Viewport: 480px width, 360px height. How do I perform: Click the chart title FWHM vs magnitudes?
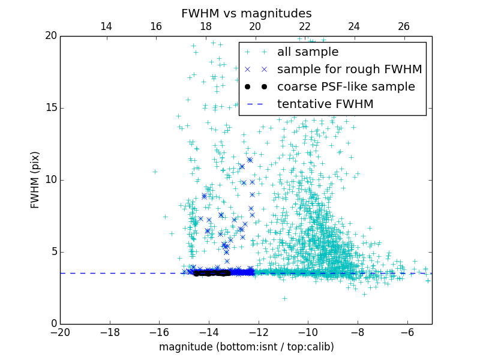pos(246,13)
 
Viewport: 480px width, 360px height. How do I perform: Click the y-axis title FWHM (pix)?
pos(35,179)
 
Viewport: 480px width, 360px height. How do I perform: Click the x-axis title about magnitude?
pos(246,347)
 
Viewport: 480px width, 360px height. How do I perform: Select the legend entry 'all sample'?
pos(307,52)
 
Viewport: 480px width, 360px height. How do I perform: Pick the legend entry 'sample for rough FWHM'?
pos(349,70)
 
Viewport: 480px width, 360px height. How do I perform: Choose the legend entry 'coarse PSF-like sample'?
pos(346,87)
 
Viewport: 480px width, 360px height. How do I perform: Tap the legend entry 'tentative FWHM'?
pos(325,104)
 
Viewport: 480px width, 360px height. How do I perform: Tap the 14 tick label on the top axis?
pos(106,26)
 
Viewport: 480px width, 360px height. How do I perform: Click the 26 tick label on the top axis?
pos(404,26)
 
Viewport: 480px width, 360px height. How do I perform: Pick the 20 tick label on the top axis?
pos(255,26)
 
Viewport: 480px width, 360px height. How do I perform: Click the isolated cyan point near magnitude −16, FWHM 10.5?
pos(155,172)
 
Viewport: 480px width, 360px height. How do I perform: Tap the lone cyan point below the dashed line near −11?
pos(284,298)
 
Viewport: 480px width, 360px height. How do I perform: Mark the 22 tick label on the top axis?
pos(305,26)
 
